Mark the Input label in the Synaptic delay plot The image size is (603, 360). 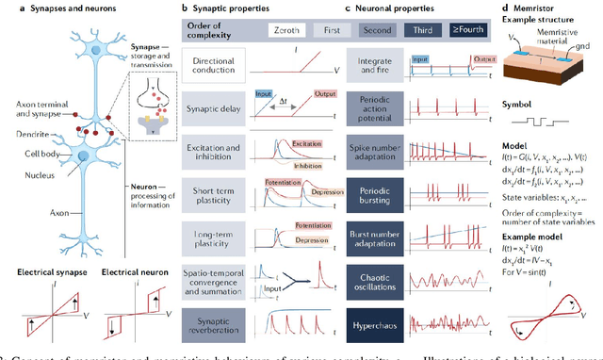point(264,95)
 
